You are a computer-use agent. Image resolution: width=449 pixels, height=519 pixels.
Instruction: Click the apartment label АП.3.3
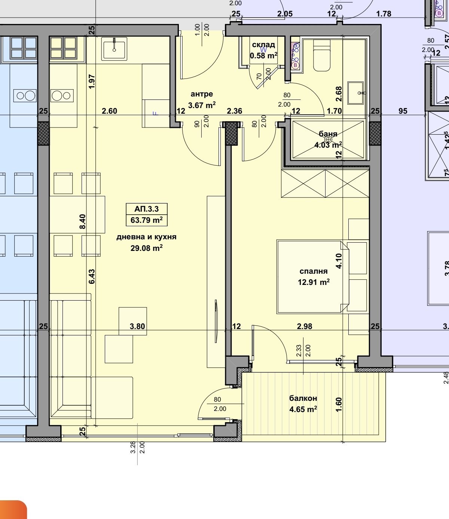(x=146, y=209)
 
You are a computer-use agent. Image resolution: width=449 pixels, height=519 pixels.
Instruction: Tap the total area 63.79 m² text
(x=146, y=220)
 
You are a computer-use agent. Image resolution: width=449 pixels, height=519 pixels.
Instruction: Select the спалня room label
(x=314, y=271)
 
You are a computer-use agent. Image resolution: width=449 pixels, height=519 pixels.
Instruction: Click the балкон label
(x=303, y=398)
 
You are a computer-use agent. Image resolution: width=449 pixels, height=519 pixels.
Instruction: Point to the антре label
(x=202, y=94)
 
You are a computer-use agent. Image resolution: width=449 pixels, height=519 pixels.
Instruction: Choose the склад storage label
(x=263, y=45)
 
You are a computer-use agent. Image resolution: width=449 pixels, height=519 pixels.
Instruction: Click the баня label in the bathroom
(x=328, y=133)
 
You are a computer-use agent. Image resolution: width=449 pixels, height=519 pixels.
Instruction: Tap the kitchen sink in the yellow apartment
(x=114, y=49)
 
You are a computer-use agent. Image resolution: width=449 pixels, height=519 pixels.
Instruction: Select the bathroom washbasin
(x=355, y=93)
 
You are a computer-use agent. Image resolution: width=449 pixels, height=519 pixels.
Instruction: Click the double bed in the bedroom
(x=313, y=277)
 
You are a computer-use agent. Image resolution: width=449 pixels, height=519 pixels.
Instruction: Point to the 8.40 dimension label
(x=83, y=221)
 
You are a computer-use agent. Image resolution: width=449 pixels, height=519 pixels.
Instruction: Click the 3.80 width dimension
(x=137, y=326)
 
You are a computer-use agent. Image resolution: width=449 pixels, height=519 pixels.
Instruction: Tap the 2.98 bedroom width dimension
(x=305, y=326)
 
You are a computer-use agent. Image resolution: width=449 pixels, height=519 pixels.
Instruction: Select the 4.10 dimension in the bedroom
(x=339, y=261)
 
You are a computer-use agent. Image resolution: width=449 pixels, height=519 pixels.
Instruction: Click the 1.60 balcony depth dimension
(x=339, y=405)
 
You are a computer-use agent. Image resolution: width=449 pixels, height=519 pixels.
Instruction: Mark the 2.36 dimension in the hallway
(x=235, y=111)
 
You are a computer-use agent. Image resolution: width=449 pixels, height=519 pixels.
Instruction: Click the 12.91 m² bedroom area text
(x=314, y=282)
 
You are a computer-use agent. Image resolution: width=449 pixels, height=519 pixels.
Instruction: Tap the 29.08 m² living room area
(x=146, y=248)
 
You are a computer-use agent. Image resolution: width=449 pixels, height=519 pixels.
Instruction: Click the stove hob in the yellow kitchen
(x=62, y=96)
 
